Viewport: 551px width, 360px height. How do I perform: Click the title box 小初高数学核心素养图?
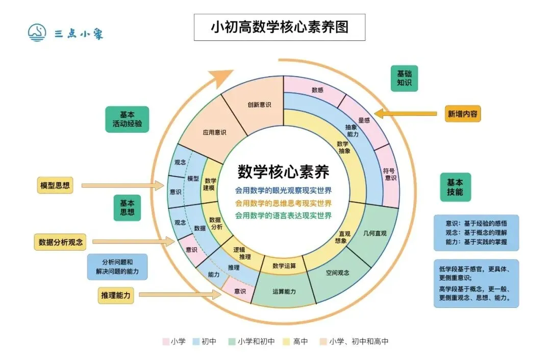pyautogui.click(x=280, y=27)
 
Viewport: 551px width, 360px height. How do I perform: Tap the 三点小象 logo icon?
pyautogui.click(x=37, y=33)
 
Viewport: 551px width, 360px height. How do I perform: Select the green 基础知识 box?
pyautogui.click(x=404, y=78)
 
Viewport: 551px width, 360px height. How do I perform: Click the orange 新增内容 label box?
pyautogui.click(x=463, y=114)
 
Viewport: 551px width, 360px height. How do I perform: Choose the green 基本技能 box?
pyautogui.click(x=455, y=187)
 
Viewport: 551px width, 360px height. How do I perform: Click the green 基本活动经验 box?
pyautogui.click(x=127, y=119)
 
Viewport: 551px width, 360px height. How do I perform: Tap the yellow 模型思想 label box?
pyautogui.click(x=55, y=185)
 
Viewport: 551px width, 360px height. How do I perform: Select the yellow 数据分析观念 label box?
pyautogui.click(x=60, y=242)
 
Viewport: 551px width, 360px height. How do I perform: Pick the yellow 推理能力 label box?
pyautogui.click(x=116, y=295)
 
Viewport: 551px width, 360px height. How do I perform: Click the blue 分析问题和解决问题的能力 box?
pyautogui.click(x=117, y=267)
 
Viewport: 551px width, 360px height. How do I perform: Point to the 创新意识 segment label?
pyautogui.click(x=259, y=105)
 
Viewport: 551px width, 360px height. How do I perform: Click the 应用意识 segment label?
pyautogui.click(x=214, y=132)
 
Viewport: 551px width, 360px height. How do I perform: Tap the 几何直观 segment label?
pyautogui.click(x=375, y=233)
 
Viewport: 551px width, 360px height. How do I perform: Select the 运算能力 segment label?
pyautogui.click(x=284, y=292)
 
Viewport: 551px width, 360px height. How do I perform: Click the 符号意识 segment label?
pyautogui.click(x=390, y=174)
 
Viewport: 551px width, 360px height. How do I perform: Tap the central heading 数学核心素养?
pyautogui.click(x=283, y=171)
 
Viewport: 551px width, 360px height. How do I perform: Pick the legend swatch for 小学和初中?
pyautogui.click(x=231, y=341)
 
